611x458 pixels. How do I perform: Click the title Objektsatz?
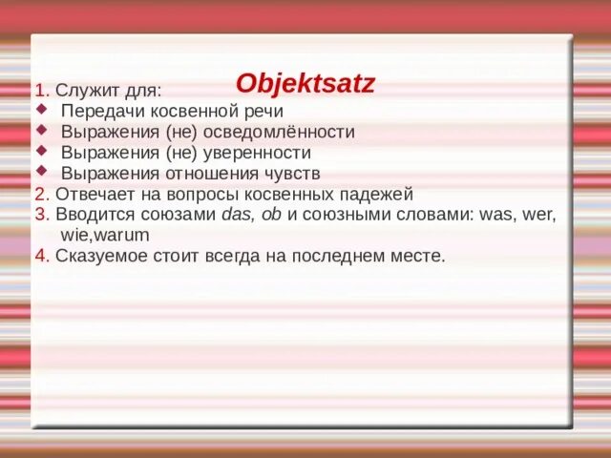click(305, 83)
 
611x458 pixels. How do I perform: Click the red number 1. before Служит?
click(41, 91)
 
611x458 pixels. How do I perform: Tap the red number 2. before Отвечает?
click(41, 194)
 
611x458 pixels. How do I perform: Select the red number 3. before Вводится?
click(41, 215)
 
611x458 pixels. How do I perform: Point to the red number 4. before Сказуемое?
click(41, 256)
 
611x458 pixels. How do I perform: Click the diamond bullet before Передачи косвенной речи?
click(40, 110)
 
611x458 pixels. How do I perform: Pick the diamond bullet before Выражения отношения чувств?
click(40, 172)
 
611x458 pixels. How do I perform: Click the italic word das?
click(236, 215)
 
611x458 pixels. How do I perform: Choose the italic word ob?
click(270, 215)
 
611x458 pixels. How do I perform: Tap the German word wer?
click(538, 215)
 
